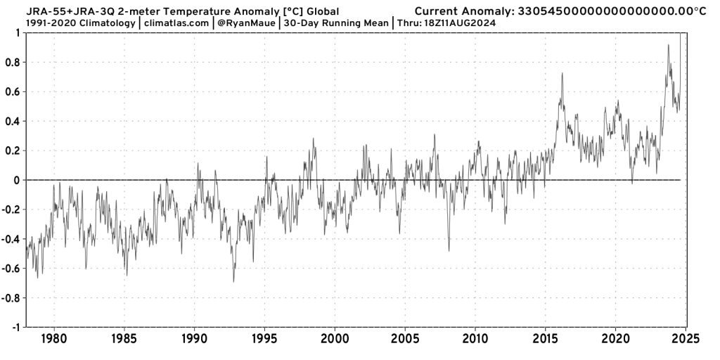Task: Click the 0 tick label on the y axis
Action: tap(18, 180)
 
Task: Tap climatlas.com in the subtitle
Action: tap(176, 23)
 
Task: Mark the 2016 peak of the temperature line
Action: tap(562, 73)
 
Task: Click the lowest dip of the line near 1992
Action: tap(233, 281)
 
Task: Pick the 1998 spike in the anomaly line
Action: tap(313, 139)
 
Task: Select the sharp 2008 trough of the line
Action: tap(449, 250)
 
